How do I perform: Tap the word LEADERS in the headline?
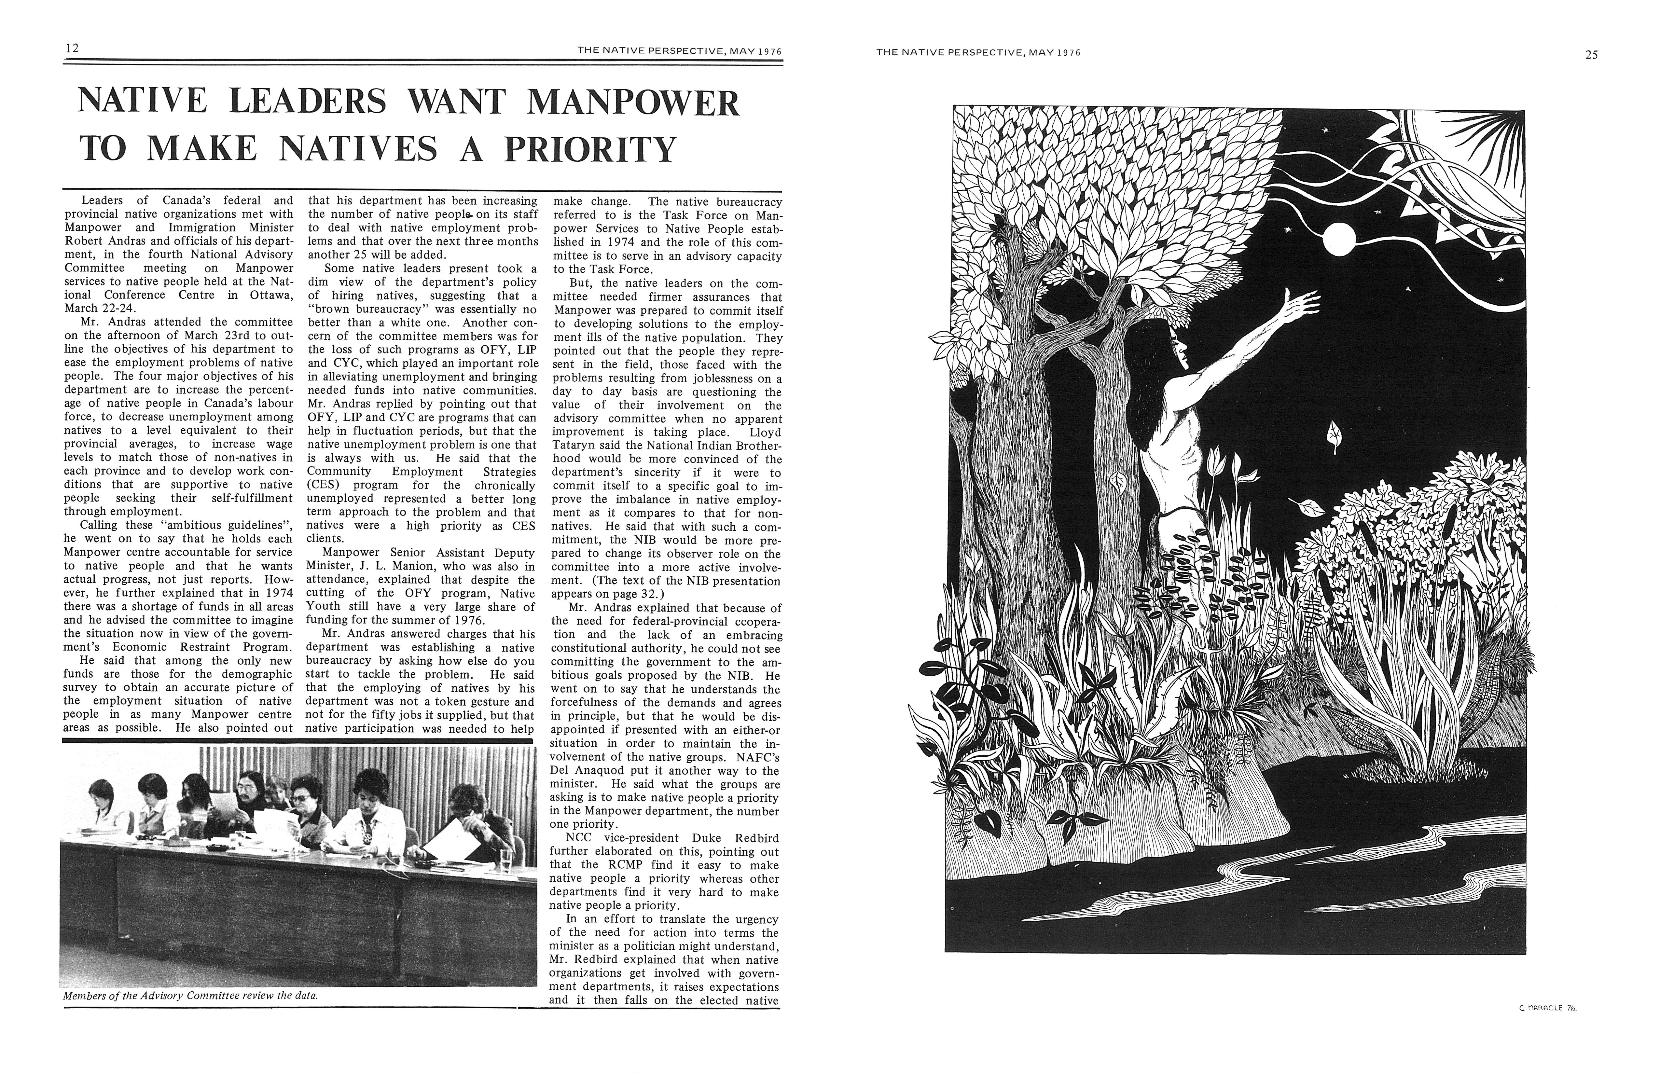pyautogui.click(x=308, y=102)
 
